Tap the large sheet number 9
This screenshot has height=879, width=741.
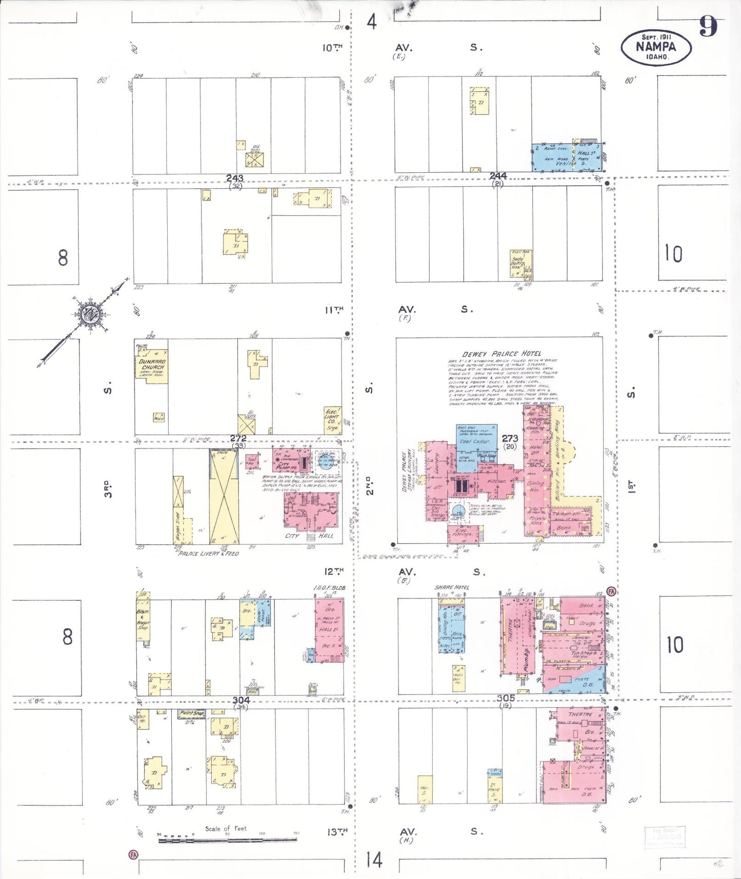pyautogui.click(x=708, y=26)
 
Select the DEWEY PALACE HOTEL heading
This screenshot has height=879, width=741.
pyautogui.click(x=502, y=354)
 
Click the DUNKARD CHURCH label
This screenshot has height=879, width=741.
pyautogui.click(x=152, y=364)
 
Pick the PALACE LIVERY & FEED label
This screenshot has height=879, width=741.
pyautogui.click(x=208, y=553)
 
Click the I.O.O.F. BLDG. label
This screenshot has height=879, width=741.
pyautogui.click(x=329, y=588)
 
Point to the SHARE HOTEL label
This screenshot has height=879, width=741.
pyautogui.click(x=452, y=587)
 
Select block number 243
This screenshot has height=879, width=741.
pyautogui.click(x=235, y=178)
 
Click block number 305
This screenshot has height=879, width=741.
pyautogui.click(x=506, y=698)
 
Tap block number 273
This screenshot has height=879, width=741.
pyautogui.click(x=510, y=438)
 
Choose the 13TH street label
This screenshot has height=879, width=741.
pyautogui.click(x=336, y=832)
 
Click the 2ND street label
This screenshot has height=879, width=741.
pyautogui.click(x=369, y=485)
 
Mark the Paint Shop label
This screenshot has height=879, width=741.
pyautogui.click(x=192, y=713)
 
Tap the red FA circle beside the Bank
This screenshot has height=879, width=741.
pyautogui.click(x=611, y=591)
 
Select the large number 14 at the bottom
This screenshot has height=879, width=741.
pyautogui.click(x=374, y=860)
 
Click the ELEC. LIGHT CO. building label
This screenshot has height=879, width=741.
pyautogui.click(x=332, y=418)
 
